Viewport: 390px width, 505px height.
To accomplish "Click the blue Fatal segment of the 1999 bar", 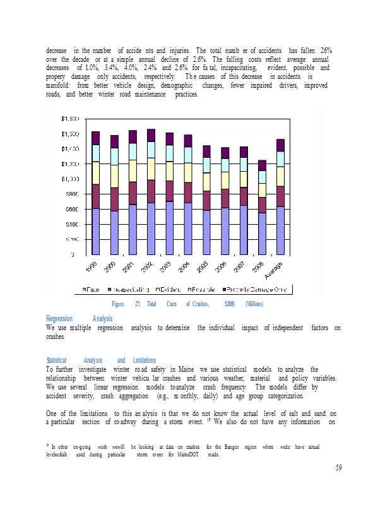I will click(x=95, y=231).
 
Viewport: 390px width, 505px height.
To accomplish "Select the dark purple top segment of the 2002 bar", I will click(x=151, y=135).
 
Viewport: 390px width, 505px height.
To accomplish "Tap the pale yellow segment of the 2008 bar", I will click(x=262, y=190).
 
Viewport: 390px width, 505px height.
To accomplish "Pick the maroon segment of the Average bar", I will click(x=280, y=196).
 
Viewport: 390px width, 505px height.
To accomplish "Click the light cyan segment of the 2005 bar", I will click(x=206, y=165).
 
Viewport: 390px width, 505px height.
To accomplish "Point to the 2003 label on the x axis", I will click(x=165, y=266).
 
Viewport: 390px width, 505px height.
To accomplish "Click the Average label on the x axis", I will click(x=278, y=270).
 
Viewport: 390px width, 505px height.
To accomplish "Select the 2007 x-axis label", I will click(x=239, y=266).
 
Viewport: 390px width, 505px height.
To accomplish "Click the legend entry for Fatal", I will click(x=94, y=290).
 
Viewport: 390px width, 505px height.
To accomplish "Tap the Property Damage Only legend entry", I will click(x=255, y=290).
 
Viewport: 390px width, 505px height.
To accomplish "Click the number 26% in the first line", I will click(x=326, y=50).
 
